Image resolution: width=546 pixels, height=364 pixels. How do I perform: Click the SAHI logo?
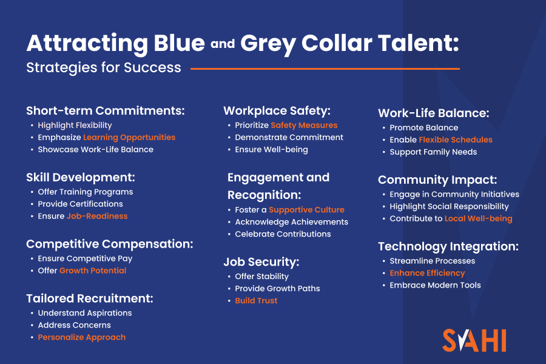(x=474, y=340)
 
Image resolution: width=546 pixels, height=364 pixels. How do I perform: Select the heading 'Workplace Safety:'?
(x=277, y=110)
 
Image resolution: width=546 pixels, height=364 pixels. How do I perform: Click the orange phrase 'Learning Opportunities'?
(x=129, y=137)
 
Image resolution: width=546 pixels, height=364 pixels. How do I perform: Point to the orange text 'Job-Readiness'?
(x=97, y=216)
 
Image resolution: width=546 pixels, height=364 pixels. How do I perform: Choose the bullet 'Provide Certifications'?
(x=80, y=204)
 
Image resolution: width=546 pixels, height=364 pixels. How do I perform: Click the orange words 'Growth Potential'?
(x=93, y=271)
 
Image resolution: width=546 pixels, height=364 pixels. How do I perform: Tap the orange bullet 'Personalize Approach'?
(x=82, y=337)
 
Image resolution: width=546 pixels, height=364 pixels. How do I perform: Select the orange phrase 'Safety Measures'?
(x=304, y=125)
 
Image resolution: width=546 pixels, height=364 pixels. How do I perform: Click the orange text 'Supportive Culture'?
(x=306, y=210)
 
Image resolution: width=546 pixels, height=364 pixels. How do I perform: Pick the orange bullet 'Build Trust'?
(x=256, y=301)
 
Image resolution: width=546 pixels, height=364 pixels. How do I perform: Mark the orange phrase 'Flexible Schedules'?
(x=456, y=140)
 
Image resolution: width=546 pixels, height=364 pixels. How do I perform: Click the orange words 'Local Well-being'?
(x=478, y=218)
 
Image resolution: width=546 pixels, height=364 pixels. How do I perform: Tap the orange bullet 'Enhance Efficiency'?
(x=427, y=273)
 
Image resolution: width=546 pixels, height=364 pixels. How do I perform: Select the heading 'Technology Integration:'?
(x=448, y=246)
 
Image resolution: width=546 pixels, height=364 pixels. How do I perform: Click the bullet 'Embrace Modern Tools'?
(x=435, y=285)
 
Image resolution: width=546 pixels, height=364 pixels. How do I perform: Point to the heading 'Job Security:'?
(x=261, y=262)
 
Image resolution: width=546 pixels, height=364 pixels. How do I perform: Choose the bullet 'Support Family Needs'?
(x=433, y=152)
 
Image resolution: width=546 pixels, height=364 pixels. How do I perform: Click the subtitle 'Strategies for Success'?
(x=104, y=67)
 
